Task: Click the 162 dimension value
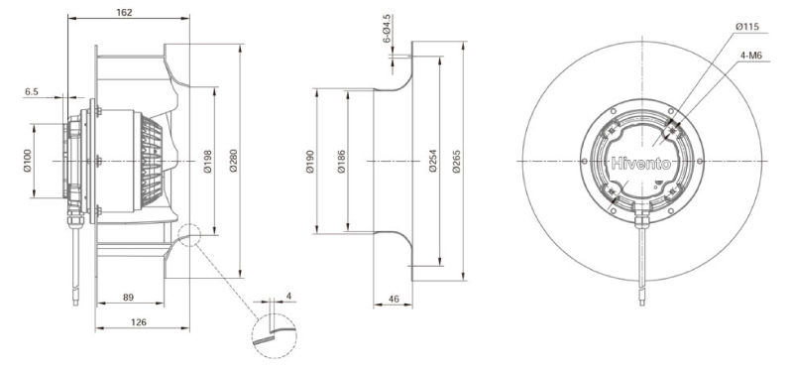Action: tap(124, 13)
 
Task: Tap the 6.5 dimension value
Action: tap(32, 92)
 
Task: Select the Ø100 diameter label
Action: tap(28, 161)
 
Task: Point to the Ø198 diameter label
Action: tap(208, 162)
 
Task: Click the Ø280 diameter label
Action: tap(233, 162)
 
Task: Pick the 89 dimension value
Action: tap(129, 298)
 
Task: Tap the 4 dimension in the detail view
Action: tap(288, 297)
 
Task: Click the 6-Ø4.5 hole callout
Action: tap(387, 29)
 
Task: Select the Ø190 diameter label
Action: tap(310, 162)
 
